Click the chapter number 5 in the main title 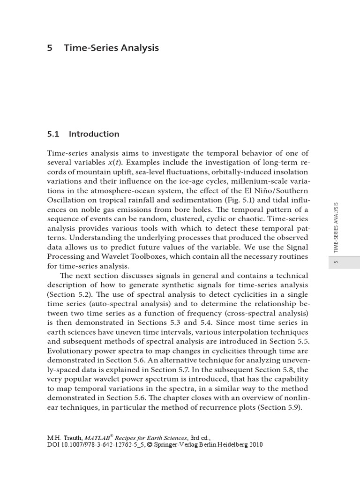[50, 48]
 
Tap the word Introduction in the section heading [94, 134]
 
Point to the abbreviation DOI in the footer [53, 444]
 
